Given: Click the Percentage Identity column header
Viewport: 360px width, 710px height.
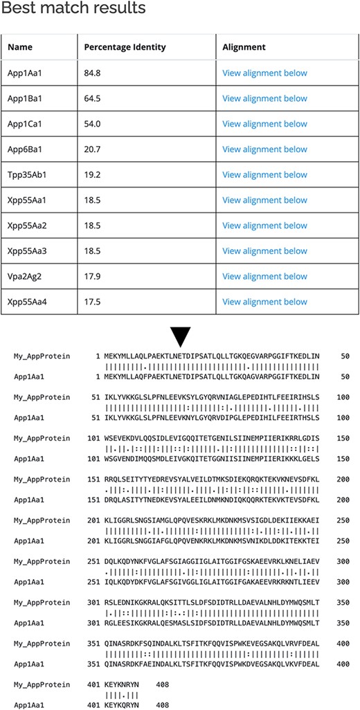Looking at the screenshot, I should tap(125, 47).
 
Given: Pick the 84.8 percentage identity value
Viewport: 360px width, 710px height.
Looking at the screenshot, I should tap(93, 73).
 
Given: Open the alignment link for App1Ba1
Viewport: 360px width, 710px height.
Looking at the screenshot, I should tap(264, 98).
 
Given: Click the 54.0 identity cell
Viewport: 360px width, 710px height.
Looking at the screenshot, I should tap(93, 124).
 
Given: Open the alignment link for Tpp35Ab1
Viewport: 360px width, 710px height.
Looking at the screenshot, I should tap(264, 175).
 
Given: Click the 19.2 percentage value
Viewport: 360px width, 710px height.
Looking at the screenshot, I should tap(93, 175).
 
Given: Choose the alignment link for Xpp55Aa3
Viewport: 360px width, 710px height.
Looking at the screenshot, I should tap(264, 251).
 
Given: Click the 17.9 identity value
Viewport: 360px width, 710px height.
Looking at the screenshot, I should tap(93, 277).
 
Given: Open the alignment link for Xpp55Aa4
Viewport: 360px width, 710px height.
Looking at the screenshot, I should tap(264, 302).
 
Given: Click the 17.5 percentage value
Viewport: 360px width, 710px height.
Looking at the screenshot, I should tap(93, 302).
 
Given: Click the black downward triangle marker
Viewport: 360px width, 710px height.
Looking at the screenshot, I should tap(180, 337).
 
